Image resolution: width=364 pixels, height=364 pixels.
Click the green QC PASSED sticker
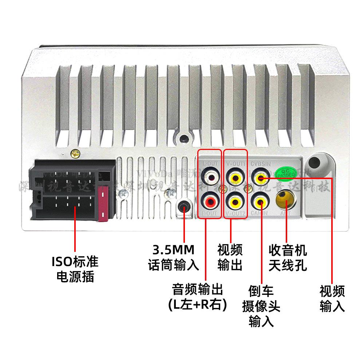point(286,173)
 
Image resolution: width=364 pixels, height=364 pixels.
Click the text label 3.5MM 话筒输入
point(174,258)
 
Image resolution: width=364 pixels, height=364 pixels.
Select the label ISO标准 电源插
point(75,269)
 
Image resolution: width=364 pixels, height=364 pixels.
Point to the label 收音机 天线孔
point(288,258)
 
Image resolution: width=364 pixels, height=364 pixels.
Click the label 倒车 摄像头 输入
point(261,306)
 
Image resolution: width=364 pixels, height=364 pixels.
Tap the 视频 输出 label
point(230,258)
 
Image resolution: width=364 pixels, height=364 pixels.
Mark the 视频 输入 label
point(332,298)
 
